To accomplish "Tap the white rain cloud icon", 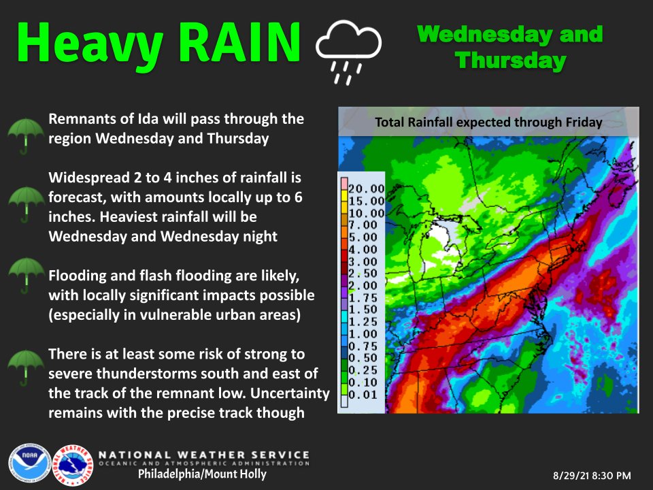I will [348, 52].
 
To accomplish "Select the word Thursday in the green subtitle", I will [511, 61].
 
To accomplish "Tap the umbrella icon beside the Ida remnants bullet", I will [25, 133].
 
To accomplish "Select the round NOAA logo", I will [27, 463].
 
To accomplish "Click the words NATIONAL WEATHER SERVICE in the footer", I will [205, 455].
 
